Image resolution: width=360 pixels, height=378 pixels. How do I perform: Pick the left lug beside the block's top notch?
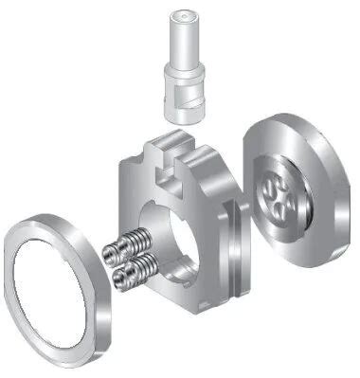pyautogui.click(x=154, y=150)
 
